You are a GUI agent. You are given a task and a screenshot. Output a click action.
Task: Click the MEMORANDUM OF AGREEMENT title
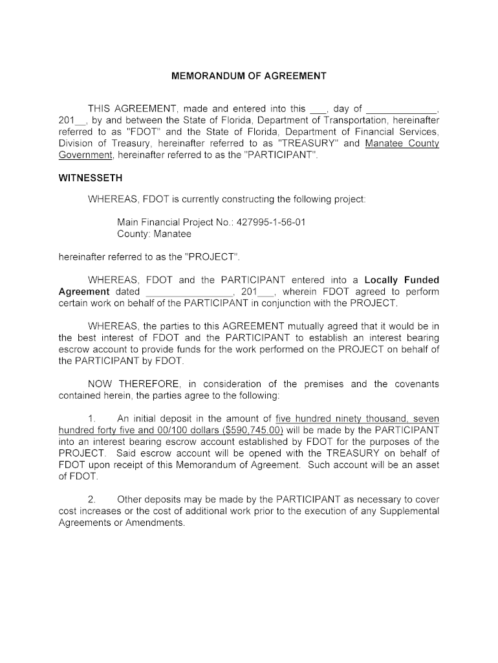pos(249,76)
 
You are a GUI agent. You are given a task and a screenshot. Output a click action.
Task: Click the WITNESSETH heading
pos(91,177)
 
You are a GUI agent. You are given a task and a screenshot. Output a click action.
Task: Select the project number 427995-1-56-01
pos(271,222)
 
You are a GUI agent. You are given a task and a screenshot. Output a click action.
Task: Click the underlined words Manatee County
pos(402,143)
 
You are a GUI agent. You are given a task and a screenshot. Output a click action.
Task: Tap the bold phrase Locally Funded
pos(402,280)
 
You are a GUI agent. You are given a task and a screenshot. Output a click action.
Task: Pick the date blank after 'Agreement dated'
pos(186,292)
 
